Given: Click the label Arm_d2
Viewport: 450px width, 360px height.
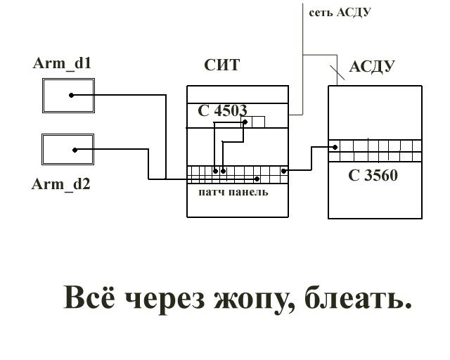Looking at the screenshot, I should [60, 185].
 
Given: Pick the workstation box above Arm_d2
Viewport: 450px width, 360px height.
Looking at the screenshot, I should [69, 149].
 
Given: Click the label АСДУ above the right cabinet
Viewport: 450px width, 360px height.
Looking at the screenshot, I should [371, 67].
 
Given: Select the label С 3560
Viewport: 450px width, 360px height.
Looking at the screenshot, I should [373, 176].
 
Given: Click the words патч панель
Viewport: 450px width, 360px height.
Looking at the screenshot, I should [232, 192].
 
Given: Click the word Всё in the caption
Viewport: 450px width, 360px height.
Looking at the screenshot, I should [89, 298].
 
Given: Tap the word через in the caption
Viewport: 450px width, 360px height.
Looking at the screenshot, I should [164, 300].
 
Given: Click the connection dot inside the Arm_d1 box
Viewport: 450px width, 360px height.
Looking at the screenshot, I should [71, 96].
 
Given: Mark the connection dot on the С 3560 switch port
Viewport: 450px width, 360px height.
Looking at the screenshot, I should [335, 147].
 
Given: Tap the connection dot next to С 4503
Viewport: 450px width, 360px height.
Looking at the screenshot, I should [245, 122].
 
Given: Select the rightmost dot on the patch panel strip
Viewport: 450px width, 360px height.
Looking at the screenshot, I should [283, 170].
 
